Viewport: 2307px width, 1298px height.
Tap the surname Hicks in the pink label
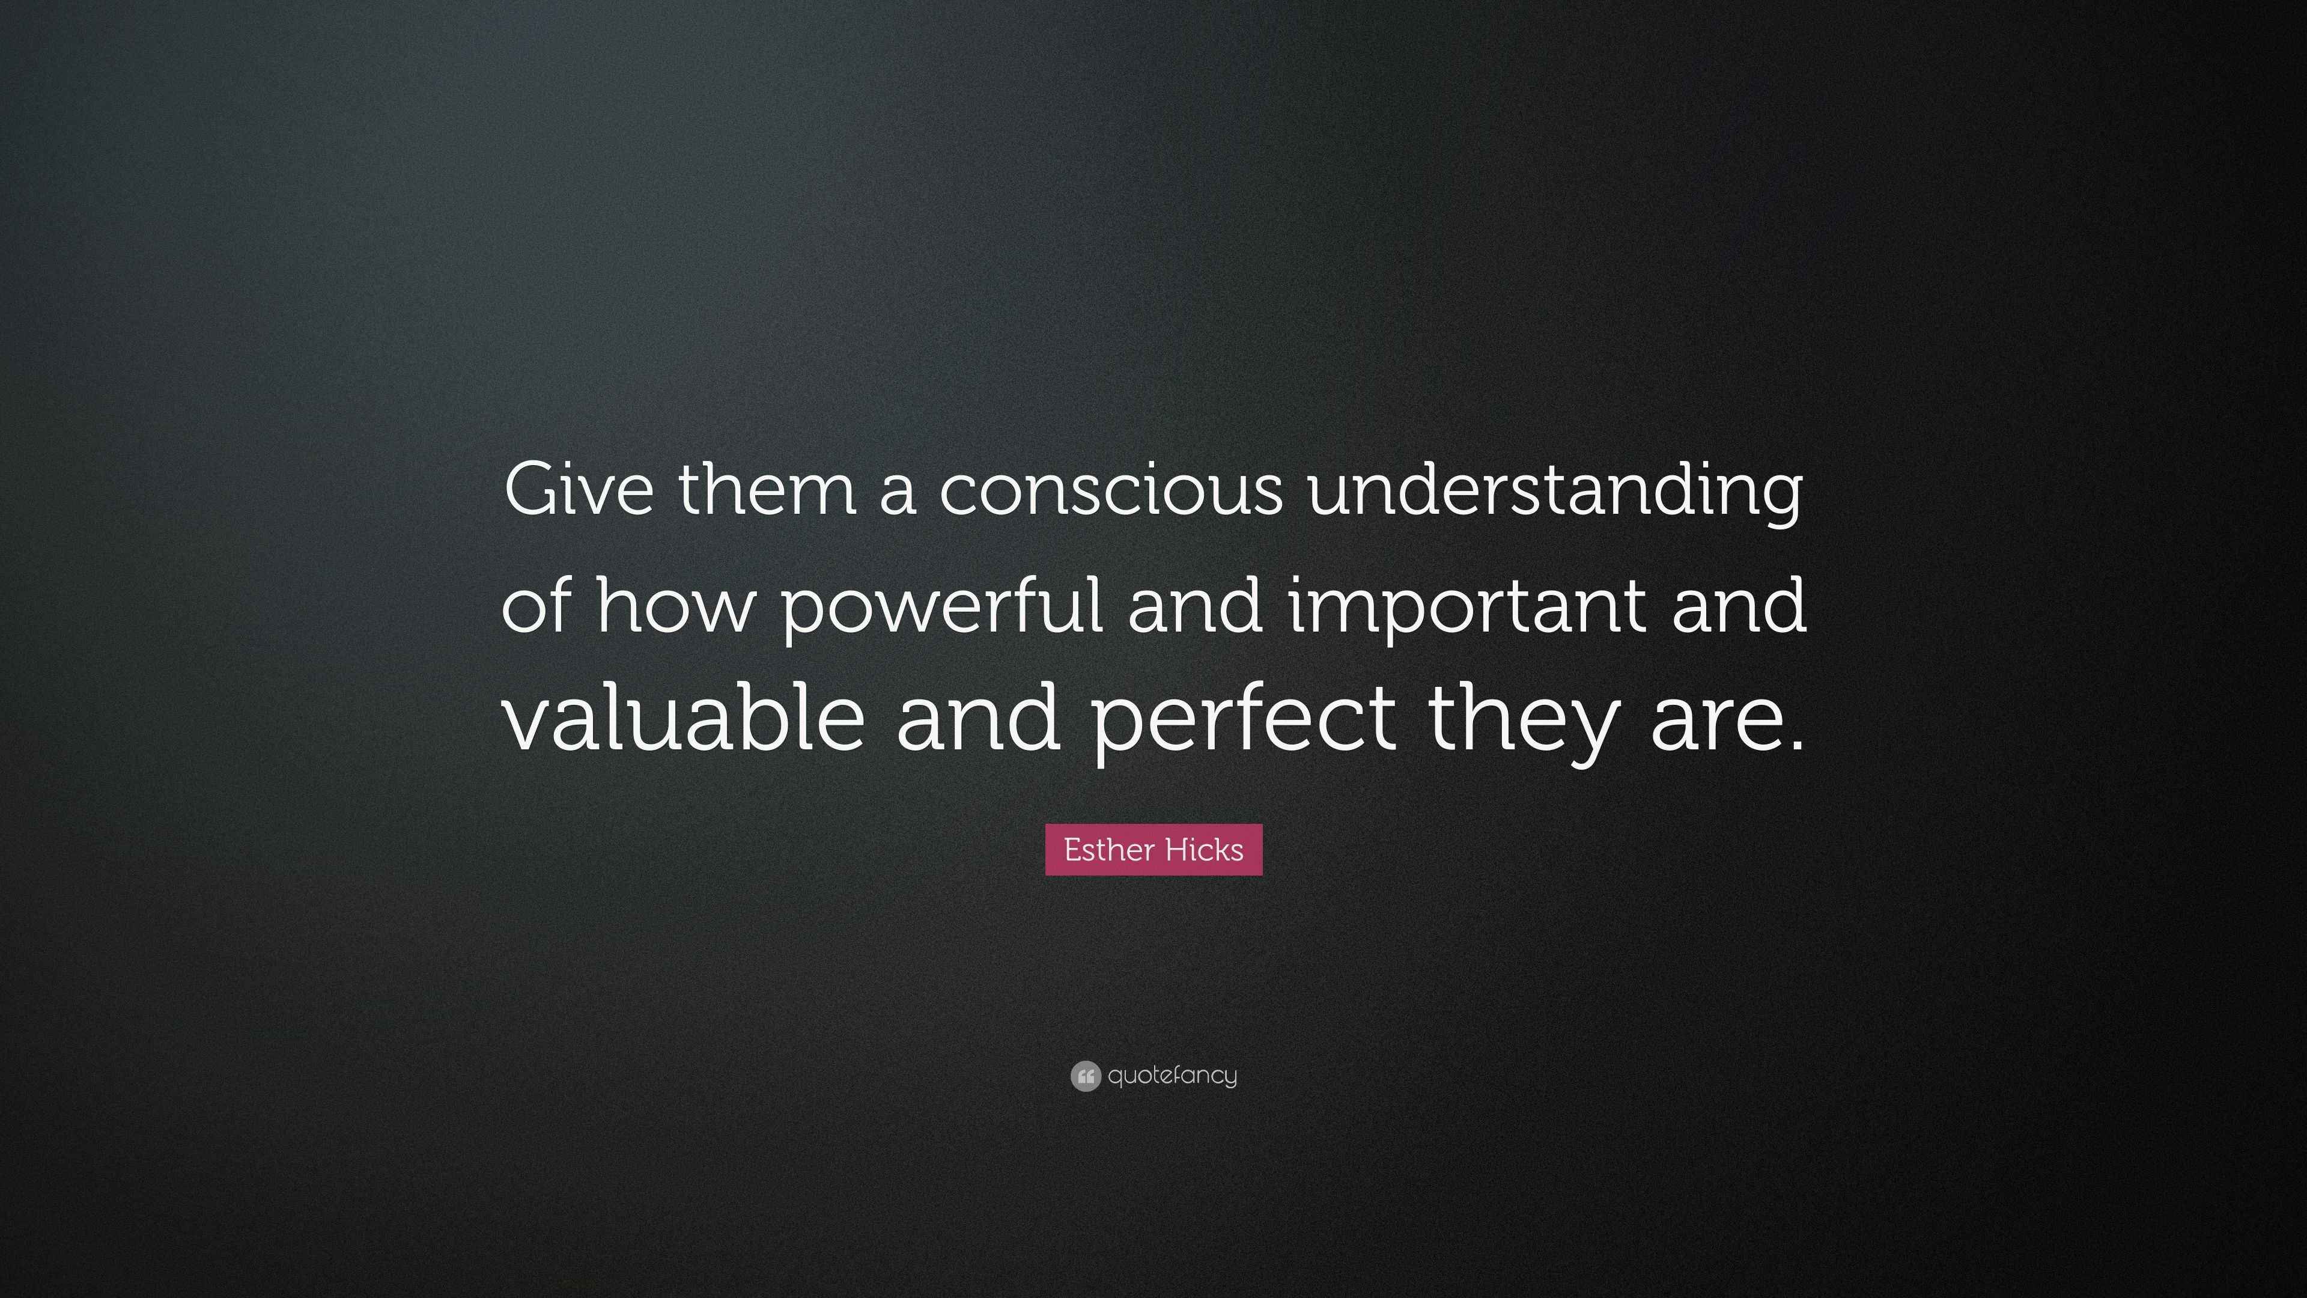click(x=1205, y=849)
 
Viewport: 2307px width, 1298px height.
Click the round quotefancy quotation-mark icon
click(x=1086, y=1076)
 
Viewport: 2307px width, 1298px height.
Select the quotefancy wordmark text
click(x=1172, y=1076)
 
